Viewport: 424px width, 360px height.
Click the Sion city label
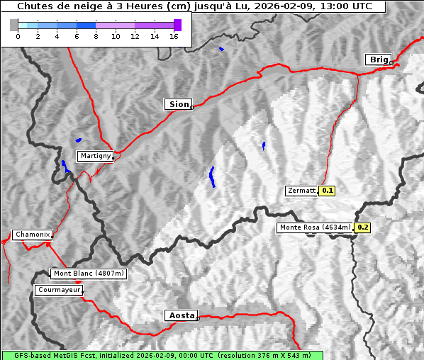click(x=179, y=104)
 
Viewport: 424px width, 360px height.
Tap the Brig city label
click(x=377, y=60)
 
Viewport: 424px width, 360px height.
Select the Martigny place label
click(x=94, y=155)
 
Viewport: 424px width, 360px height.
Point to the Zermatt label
click(x=301, y=191)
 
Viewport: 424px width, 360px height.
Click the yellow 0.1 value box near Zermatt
click(x=327, y=191)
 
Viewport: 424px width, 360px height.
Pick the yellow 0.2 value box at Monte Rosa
click(x=362, y=227)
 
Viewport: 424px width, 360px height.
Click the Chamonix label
click(x=32, y=235)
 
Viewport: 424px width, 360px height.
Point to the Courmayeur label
click(x=59, y=290)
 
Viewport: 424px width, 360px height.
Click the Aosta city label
click(x=180, y=315)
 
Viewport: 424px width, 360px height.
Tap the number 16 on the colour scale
click(x=174, y=36)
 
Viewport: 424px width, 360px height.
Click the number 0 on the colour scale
click(x=18, y=36)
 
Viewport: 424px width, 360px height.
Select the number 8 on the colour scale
click(x=96, y=36)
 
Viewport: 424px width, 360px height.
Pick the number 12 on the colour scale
click(x=135, y=36)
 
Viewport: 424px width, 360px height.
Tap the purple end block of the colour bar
click(x=177, y=25)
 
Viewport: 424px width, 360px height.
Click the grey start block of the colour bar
click(x=14, y=25)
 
